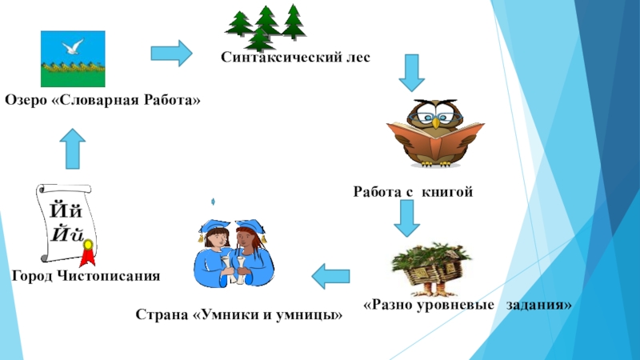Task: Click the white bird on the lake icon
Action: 73,47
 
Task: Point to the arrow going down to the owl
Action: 410,73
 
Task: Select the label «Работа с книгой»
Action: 414,191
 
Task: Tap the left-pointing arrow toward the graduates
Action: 330,276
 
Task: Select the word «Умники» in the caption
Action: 227,314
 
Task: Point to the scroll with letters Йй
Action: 66,223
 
